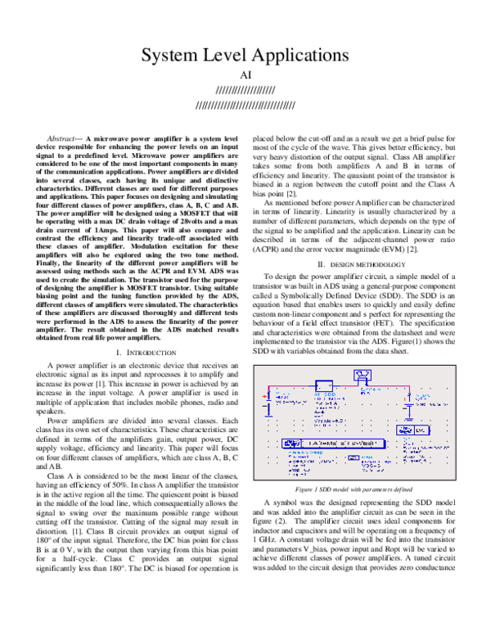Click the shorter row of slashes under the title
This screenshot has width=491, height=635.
[245, 91]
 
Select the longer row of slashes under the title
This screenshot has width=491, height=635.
[245, 105]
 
